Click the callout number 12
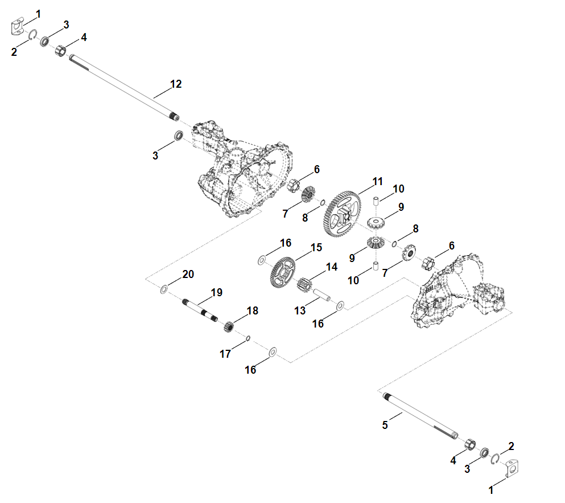click(x=176, y=84)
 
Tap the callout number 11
click(x=377, y=181)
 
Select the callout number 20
click(x=188, y=274)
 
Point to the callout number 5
click(x=385, y=425)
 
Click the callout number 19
click(x=217, y=292)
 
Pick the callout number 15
click(x=316, y=248)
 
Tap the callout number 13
click(x=300, y=310)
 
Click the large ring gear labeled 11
click(x=341, y=214)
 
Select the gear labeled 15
click(x=282, y=272)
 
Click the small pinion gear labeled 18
click(x=229, y=326)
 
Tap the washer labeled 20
click(x=164, y=289)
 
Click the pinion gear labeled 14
click(x=304, y=285)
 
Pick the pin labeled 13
click(x=322, y=295)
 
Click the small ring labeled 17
click(x=248, y=338)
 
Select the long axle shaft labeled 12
click(x=124, y=87)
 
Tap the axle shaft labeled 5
click(x=420, y=416)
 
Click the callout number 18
click(x=253, y=310)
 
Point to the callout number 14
click(x=332, y=267)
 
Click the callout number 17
click(x=225, y=354)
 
